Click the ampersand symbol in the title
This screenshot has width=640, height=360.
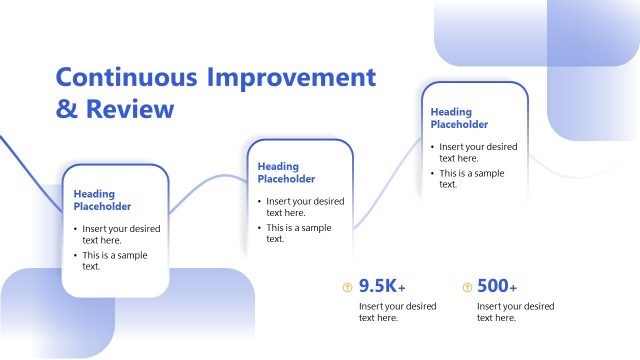pyautogui.click(x=66, y=108)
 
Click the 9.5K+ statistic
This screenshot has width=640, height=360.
pyautogui.click(x=382, y=286)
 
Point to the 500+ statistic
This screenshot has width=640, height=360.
pyautogui.click(x=497, y=286)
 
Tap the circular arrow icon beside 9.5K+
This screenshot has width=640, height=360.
pyautogui.click(x=347, y=287)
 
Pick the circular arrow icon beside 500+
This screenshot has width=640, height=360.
pyautogui.click(x=466, y=287)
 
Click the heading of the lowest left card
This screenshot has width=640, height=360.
pyautogui.click(x=102, y=200)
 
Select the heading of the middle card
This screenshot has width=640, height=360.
pyautogui.click(x=286, y=173)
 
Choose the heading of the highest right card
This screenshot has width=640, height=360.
pyautogui.click(x=459, y=119)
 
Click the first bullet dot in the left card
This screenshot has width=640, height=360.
pyautogui.click(x=75, y=229)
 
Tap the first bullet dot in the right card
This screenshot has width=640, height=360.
pyautogui.click(x=433, y=147)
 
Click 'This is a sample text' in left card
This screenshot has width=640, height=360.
pyautogui.click(x=113, y=261)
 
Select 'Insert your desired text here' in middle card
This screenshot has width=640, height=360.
pyautogui.click(x=303, y=206)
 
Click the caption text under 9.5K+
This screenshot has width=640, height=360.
pyautogui.click(x=397, y=312)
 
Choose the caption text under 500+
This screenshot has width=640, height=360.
pyautogui.click(x=515, y=312)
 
